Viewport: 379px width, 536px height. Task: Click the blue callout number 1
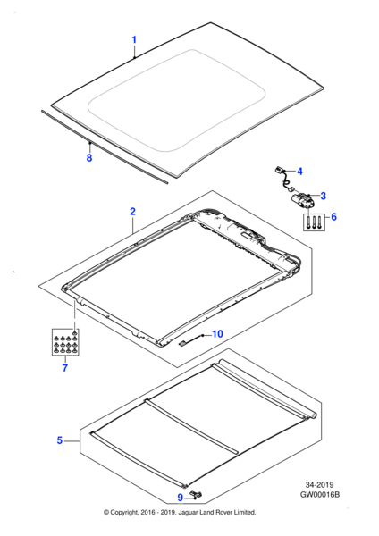(134, 39)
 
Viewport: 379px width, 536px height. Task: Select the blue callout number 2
(132, 212)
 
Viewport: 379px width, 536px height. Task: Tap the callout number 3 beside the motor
(323, 196)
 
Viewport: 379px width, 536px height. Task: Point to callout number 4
(299, 172)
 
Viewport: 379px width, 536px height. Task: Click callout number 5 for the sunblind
(60, 440)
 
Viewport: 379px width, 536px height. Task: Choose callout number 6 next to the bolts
(333, 217)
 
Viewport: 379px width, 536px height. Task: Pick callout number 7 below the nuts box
(65, 368)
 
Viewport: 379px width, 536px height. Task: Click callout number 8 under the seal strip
(89, 158)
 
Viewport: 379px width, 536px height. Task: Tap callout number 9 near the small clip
(181, 498)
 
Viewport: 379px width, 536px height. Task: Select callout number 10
(217, 333)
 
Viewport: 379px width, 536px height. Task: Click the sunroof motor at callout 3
(302, 201)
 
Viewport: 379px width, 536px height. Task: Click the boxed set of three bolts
(314, 222)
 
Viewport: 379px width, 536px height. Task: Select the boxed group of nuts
(65, 342)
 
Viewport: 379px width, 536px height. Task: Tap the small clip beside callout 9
(197, 494)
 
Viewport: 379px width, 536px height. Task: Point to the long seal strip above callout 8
(105, 147)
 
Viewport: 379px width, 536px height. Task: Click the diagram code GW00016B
(320, 495)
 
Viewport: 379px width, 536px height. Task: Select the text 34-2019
(319, 485)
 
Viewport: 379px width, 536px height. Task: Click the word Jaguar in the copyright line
(185, 513)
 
